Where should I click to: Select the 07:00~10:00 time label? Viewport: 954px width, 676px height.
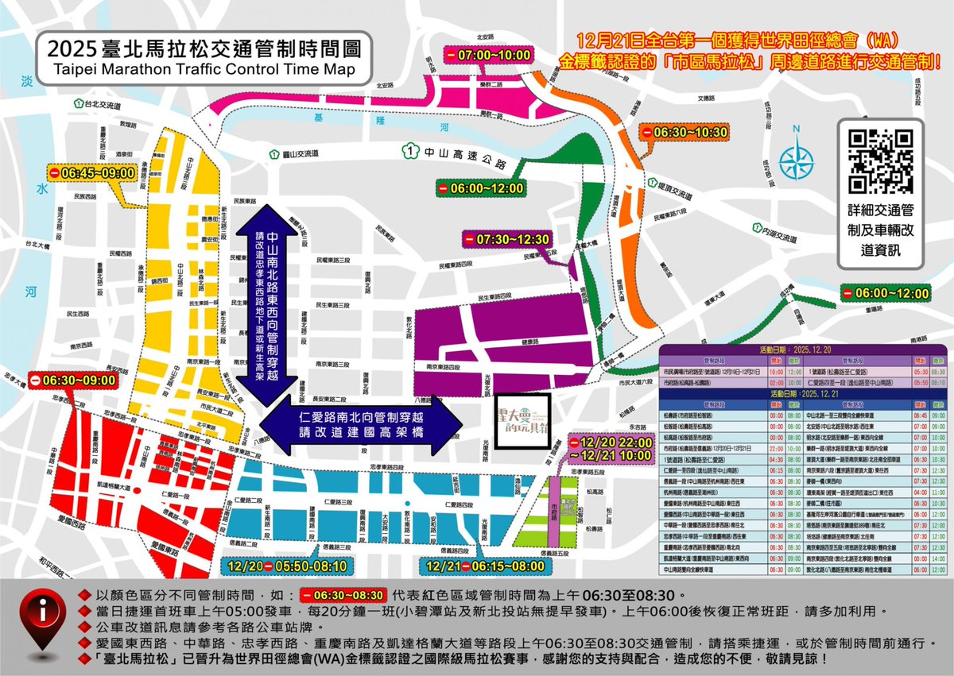click(487, 56)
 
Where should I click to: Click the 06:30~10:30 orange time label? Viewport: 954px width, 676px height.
click(685, 132)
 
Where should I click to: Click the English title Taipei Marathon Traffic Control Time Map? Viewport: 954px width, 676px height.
click(203, 69)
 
